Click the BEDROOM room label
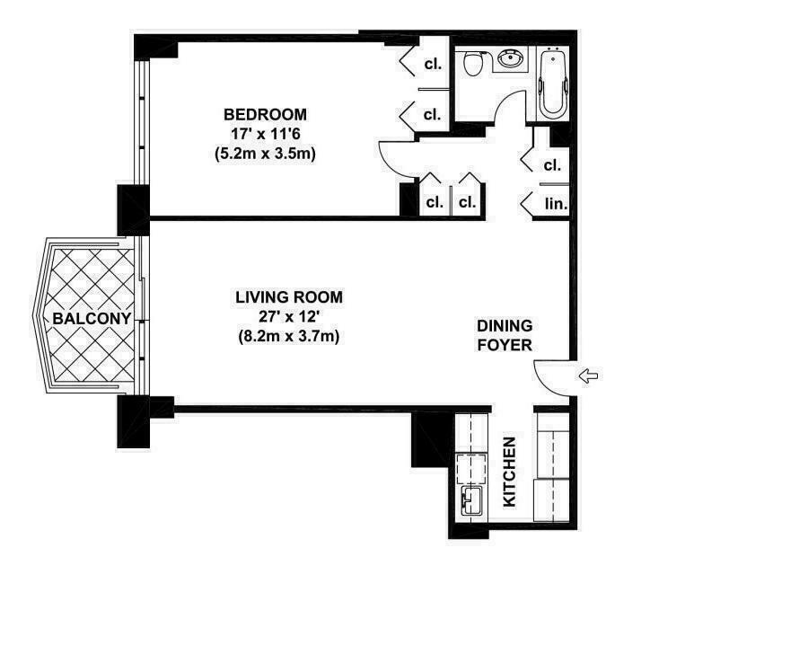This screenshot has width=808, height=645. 265,115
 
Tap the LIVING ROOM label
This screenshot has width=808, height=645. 289,297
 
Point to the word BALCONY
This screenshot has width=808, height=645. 92,318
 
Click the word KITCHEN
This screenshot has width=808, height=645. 510,472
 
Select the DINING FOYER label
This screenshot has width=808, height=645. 505,335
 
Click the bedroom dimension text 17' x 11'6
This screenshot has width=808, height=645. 265,134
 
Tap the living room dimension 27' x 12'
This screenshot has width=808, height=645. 289,317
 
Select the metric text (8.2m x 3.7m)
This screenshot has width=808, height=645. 289,337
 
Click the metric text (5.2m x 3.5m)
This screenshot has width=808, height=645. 265,154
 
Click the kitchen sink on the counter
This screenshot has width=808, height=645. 470,501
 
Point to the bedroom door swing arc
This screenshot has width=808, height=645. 394,162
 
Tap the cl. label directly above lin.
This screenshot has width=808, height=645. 552,165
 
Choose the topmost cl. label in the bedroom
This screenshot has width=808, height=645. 433,65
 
